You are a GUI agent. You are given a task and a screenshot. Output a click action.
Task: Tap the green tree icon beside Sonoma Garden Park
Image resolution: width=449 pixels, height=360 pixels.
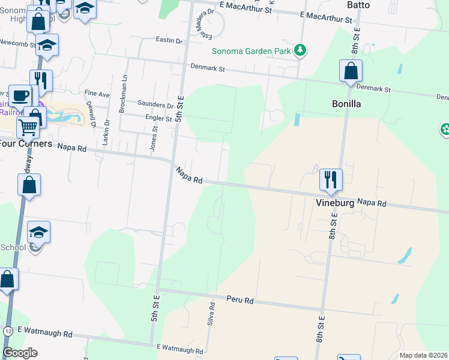(301, 50)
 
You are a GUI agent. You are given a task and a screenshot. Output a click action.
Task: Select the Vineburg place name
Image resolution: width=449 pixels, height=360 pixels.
(335, 203)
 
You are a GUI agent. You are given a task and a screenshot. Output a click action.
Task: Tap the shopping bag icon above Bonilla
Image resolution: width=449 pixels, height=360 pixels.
(351, 71)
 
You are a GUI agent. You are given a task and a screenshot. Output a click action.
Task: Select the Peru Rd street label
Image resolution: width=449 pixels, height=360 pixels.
(240, 299)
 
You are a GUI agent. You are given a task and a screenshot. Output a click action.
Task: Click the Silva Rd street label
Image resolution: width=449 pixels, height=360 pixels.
(212, 314)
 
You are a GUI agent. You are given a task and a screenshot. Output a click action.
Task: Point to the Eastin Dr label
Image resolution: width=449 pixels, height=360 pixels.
(169, 41)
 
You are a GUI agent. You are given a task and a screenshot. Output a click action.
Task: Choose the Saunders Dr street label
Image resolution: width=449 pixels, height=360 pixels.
(155, 104)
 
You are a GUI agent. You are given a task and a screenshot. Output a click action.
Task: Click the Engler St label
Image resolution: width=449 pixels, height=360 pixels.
(159, 118)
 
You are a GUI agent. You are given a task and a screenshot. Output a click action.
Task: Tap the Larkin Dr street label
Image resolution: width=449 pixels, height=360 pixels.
(107, 131)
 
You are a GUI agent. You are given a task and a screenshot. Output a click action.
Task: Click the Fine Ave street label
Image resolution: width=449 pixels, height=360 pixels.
(97, 94)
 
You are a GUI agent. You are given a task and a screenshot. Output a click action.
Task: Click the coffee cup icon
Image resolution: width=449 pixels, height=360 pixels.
(21, 95)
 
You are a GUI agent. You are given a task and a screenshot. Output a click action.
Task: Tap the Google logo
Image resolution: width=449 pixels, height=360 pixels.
(20, 353)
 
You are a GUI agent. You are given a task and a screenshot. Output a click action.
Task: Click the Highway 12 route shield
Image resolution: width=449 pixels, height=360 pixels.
(8, 331)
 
